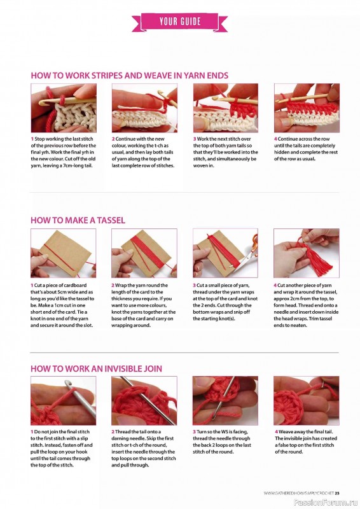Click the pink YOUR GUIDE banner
click(x=180, y=22)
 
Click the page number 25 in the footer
click(x=337, y=493)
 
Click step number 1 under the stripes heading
click(x=32, y=139)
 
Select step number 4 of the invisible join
click(x=276, y=432)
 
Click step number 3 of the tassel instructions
click(x=194, y=285)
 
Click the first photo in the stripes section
click(x=64, y=108)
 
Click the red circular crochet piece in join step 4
click(x=288, y=407)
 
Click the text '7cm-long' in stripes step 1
click(x=69, y=166)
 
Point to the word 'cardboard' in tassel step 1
click(x=76, y=285)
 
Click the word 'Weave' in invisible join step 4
click(x=286, y=432)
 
